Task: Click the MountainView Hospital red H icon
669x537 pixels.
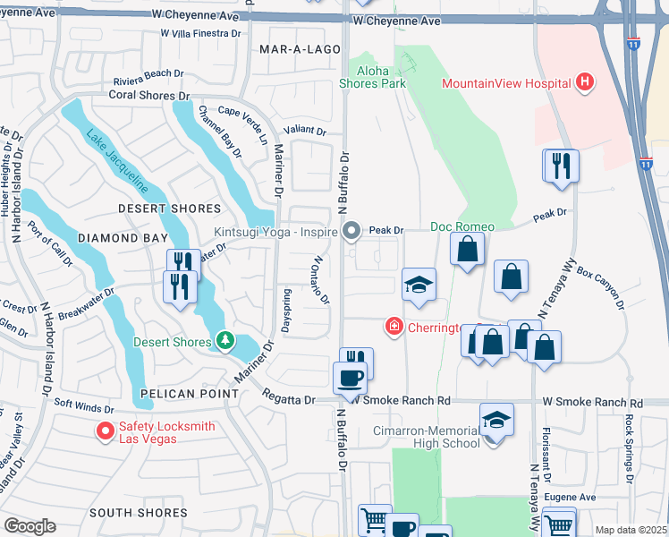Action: tap(585, 83)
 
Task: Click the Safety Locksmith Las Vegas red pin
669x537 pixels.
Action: tap(105, 432)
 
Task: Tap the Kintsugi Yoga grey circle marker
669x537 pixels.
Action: tap(351, 232)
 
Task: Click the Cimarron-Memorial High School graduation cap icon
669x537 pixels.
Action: tap(496, 419)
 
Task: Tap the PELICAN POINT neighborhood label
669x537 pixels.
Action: tap(178, 393)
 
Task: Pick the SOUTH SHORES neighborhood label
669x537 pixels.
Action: tap(138, 513)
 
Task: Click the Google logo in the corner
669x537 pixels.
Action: tap(30, 525)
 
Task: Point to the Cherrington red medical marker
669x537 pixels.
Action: tap(393, 327)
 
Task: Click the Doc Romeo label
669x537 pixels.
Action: tap(457, 226)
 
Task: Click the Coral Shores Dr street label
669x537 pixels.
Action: tap(151, 95)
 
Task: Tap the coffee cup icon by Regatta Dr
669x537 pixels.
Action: tap(350, 377)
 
